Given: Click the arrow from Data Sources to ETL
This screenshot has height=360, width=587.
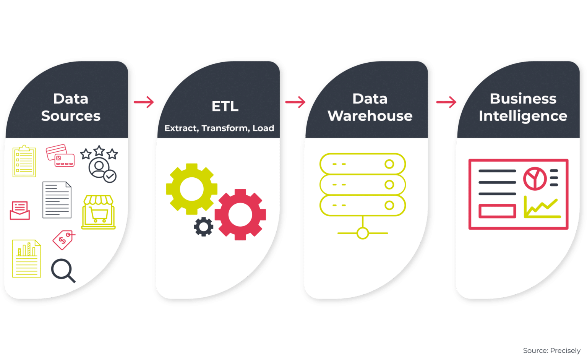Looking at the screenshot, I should [x=144, y=102].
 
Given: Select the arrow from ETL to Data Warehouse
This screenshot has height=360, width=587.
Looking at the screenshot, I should [x=295, y=102].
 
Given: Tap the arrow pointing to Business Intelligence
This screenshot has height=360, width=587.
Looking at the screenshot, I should [x=446, y=102].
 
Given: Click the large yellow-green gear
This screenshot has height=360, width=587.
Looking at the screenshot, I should [x=191, y=189].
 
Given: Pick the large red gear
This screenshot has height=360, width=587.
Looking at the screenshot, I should [x=240, y=214].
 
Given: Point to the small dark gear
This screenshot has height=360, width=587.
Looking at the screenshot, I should [x=203, y=227].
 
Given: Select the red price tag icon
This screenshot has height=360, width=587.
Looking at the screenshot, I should [x=63, y=240].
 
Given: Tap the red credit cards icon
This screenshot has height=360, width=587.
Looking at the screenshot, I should [x=60, y=156].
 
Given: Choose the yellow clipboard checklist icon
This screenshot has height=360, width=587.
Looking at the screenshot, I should [x=24, y=161].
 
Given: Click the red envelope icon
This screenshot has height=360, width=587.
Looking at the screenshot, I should [x=20, y=210].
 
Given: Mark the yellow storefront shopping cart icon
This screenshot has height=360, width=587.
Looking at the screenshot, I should [x=99, y=212].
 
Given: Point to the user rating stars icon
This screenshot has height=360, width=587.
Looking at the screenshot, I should [x=100, y=164].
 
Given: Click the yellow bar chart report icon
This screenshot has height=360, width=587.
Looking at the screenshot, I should [x=26, y=258].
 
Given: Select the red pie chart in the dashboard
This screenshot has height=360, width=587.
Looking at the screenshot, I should [x=535, y=178].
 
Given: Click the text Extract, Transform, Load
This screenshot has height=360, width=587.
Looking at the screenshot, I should [x=219, y=128].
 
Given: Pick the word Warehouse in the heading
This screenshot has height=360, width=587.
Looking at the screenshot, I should [x=370, y=116].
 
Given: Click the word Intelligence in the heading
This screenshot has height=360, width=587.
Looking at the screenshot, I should [x=523, y=116].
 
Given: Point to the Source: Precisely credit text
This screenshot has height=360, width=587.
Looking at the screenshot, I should [x=551, y=350].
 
